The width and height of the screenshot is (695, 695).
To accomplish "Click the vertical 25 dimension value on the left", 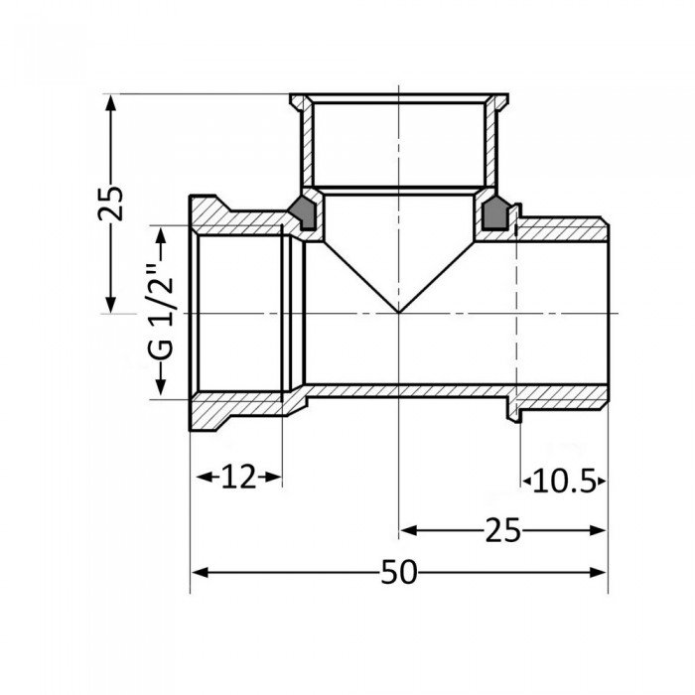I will [x=115, y=204].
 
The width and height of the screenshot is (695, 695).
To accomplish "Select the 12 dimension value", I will [x=237, y=479].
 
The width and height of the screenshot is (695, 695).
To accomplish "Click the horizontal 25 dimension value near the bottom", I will [x=503, y=531].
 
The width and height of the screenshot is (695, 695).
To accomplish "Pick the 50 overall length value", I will [x=398, y=573].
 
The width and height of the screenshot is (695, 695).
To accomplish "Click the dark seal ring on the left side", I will [x=302, y=211].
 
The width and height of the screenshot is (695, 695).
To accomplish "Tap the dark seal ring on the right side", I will [x=493, y=211].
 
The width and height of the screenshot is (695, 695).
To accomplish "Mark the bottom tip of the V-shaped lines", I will [x=398, y=313].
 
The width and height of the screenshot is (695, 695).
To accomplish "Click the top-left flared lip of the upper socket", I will [x=297, y=101].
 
